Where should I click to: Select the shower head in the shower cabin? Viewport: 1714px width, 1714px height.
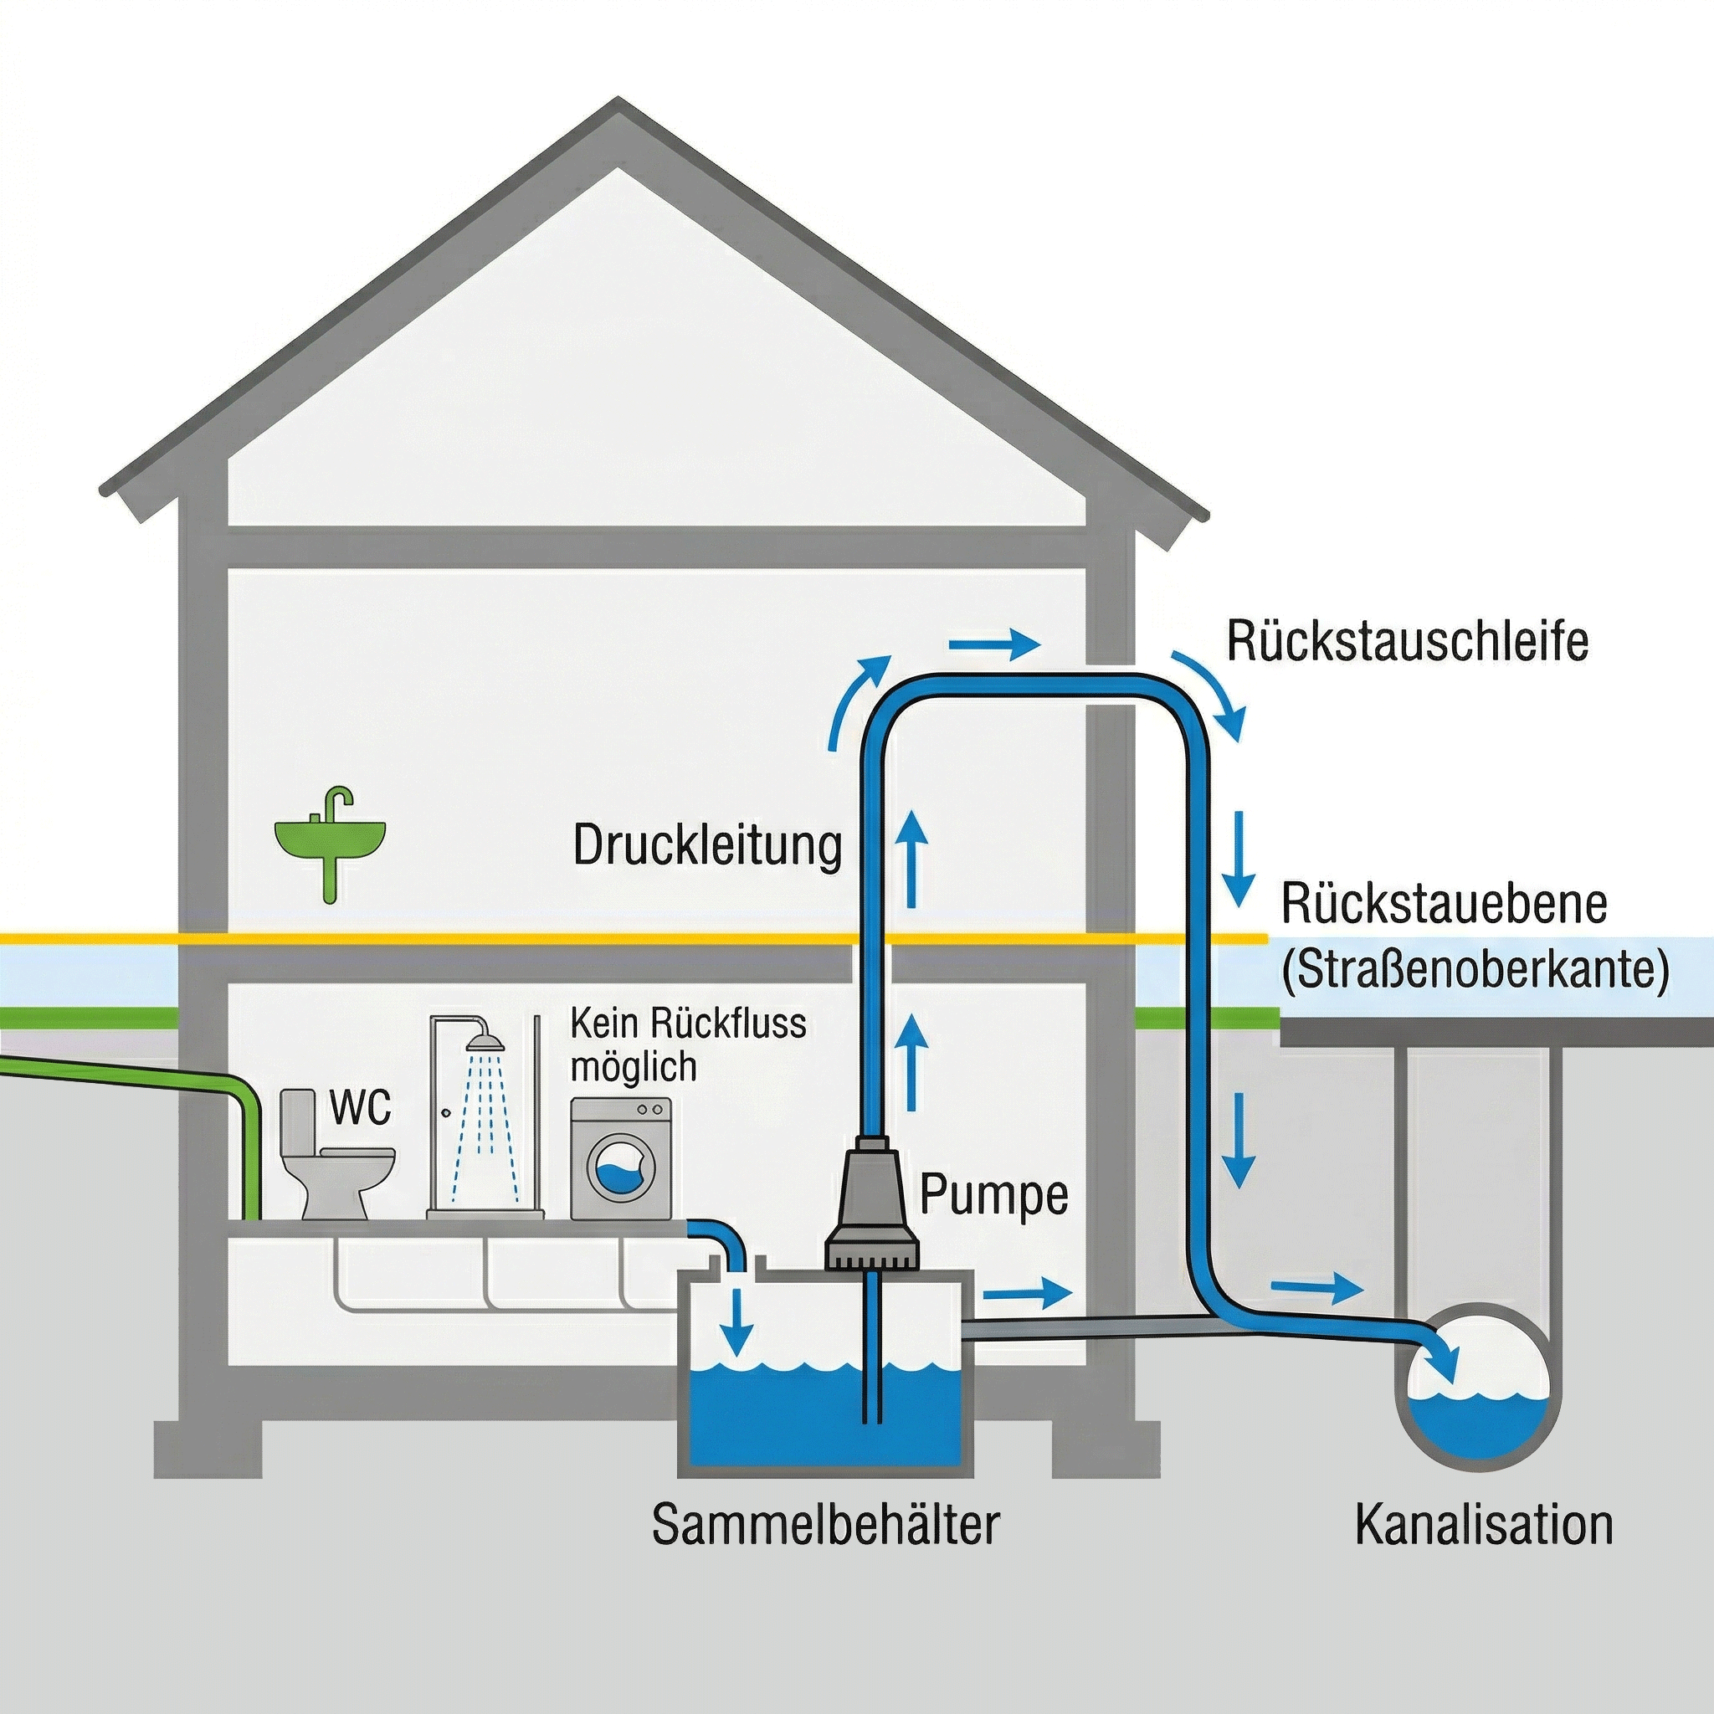pos(484,1038)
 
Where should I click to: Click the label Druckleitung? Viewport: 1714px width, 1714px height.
pos(707,846)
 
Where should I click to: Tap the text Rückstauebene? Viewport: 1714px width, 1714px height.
pos(1445,904)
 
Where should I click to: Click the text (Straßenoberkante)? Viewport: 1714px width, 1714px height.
pos(1475,971)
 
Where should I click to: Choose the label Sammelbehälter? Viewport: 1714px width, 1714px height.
pos(825,1524)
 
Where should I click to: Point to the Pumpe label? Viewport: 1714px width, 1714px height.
pos(993,1194)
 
